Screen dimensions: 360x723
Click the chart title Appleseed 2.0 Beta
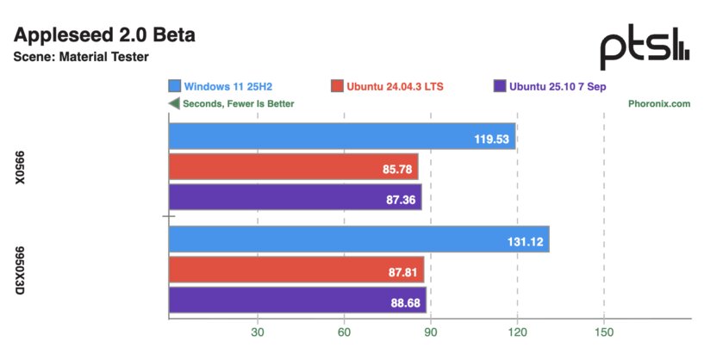click(105, 35)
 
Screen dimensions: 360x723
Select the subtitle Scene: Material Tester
click(82, 58)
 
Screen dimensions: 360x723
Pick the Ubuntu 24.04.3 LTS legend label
click(395, 86)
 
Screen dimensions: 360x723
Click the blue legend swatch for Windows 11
click(175, 86)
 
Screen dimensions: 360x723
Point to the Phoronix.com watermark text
click(659, 103)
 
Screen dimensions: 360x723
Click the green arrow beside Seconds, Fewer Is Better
click(174, 103)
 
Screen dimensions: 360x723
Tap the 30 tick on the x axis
click(257, 332)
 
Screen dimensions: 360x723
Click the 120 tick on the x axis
click(517, 332)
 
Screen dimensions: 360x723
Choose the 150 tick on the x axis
click(604, 332)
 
